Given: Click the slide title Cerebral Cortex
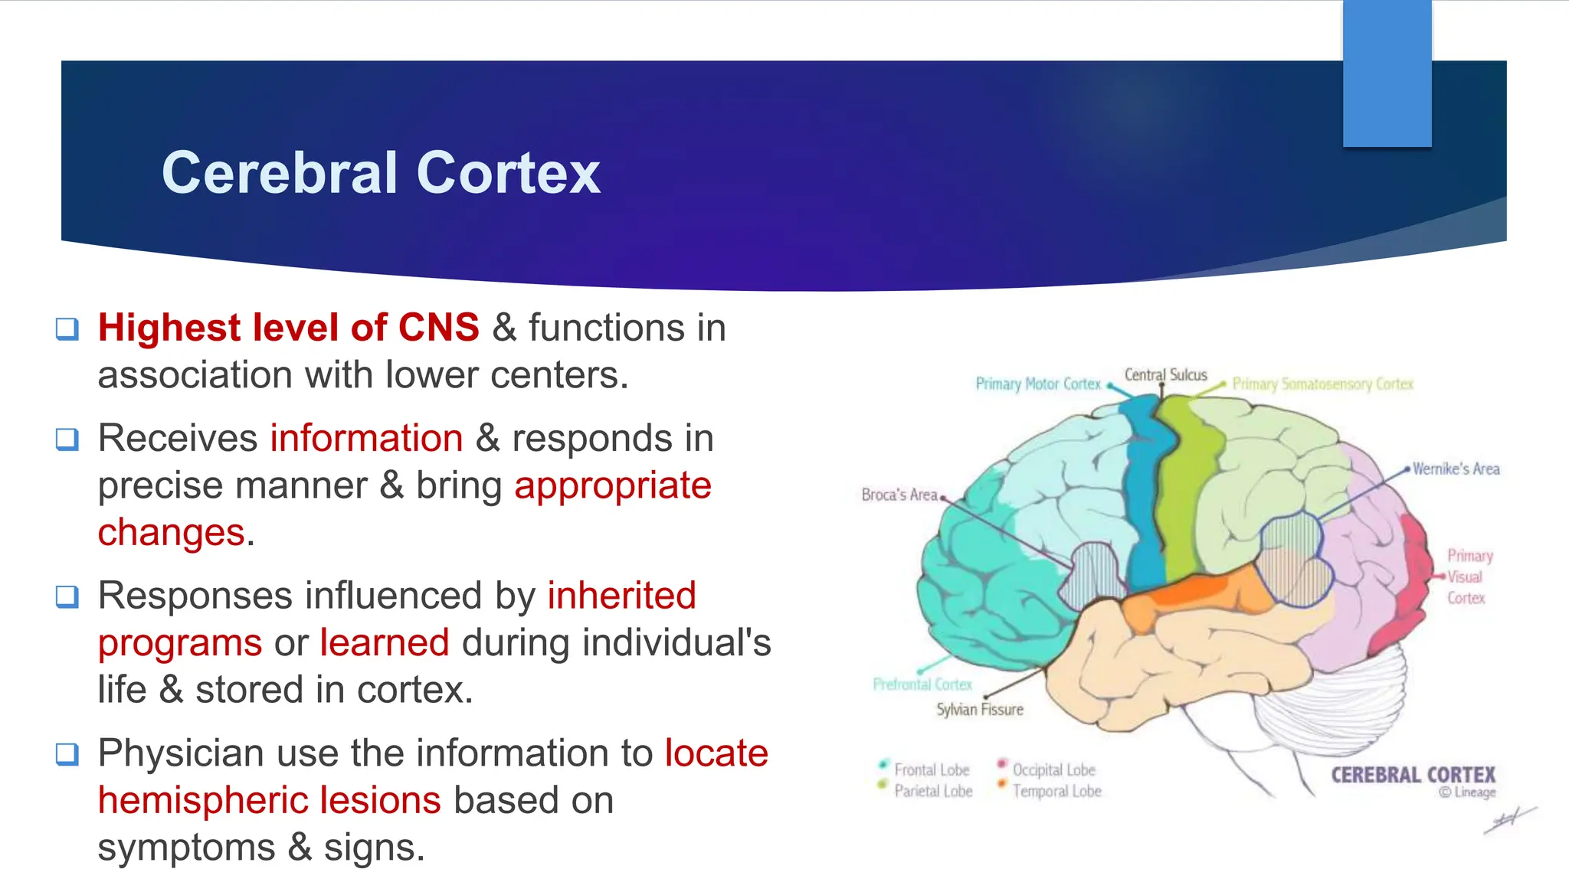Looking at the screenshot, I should click(x=381, y=172).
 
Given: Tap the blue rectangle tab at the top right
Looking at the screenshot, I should click(x=1387, y=73).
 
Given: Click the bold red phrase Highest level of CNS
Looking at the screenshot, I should click(x=289, y=328).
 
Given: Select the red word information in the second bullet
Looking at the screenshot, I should click(x=366, y=438).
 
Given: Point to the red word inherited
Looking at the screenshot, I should click(x=621, y=595).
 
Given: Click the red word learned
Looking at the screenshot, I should click(x=385, y=642).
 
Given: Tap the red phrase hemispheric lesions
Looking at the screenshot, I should click(x=270, y=800).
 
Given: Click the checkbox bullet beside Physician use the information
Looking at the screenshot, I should click(x=67, y=754).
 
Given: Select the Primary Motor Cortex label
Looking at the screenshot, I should click(x=1037, y=384).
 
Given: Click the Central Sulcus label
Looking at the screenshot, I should click(x=1165, y=374).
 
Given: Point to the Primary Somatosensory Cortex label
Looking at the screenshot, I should click(x=1322, y=384).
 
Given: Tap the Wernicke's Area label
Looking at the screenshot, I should click(x=1456, y=469).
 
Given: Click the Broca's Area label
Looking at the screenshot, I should click(x=899, y=495).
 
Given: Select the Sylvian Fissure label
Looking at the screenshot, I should click(x=979, y=709).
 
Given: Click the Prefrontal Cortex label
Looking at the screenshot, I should click(x=922, y=684).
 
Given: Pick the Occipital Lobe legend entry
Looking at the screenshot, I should click(x=1053, y=769).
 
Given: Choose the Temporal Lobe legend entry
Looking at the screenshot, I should click(x=1056, y=791).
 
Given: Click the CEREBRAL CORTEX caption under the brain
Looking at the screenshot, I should click(x=1413, y=775).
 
